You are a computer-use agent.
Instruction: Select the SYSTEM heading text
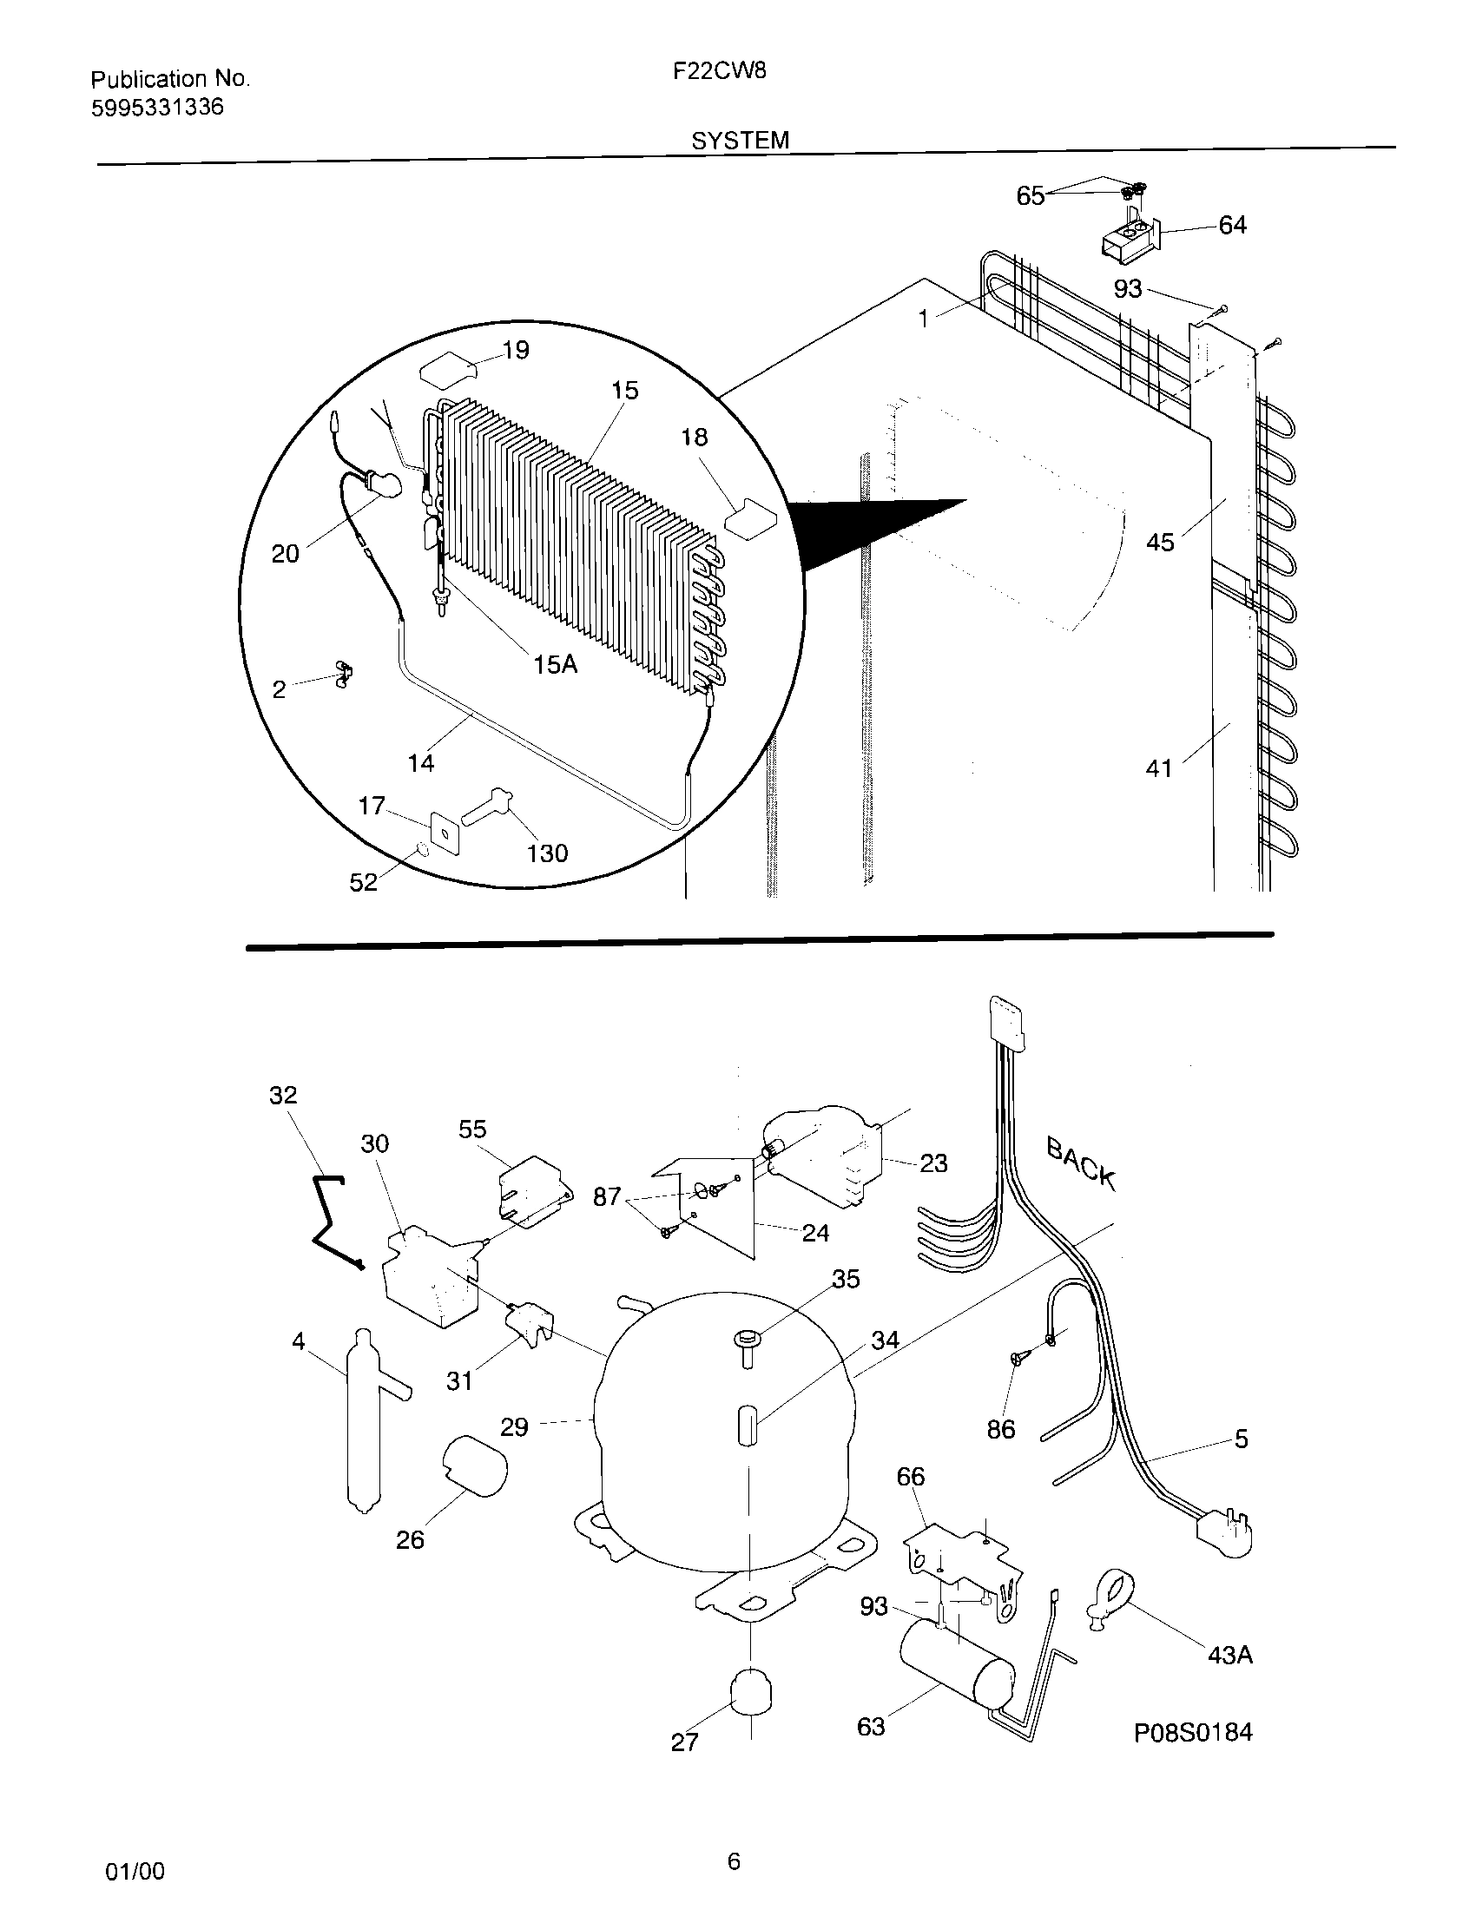pos(740,140)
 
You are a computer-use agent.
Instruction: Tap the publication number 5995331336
pos(157,108)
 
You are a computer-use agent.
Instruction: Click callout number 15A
pos(557,665)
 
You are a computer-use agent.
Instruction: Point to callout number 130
pos(547,853)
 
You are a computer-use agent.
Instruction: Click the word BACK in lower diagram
pos(1081,1163)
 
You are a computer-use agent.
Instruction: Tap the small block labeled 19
pos(448,371)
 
